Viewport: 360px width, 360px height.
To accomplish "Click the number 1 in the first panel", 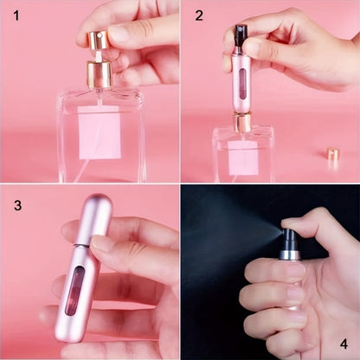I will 15,15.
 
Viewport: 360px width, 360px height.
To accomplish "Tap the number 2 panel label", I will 200,15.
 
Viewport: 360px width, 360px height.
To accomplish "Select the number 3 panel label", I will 16,207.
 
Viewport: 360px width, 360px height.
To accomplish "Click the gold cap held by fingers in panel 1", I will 95,40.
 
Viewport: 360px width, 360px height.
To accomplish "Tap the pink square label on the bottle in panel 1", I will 100,133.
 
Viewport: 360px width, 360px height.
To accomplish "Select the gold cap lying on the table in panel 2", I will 333,156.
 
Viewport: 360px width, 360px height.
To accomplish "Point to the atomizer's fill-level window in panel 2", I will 242,85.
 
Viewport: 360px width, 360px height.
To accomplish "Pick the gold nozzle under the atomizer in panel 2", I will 243,120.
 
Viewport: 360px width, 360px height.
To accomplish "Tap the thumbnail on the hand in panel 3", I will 103,243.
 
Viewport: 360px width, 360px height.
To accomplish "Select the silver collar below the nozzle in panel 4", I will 289,254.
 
